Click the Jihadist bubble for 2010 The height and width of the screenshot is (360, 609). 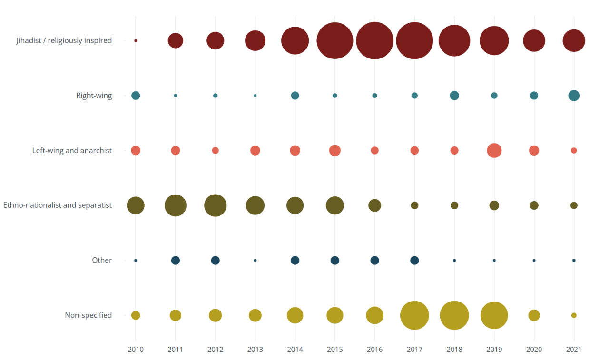tap(136, 40)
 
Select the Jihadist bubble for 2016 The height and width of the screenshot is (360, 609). tap(374, 40)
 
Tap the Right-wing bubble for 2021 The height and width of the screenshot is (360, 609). tap(574, 96)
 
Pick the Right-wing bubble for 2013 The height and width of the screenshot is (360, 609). tap(255, 96)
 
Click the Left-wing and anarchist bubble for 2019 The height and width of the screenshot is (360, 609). tap(494, 150)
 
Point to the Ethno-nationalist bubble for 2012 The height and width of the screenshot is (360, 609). tap(215, 205)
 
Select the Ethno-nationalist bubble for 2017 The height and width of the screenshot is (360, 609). tap(414, 205)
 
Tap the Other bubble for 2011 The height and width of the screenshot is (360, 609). tap(176, 260)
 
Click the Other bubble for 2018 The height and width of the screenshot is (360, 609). tap(454, 260)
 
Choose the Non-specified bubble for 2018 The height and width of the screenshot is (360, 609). tap(454, 315)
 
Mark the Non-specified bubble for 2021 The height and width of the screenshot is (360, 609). tap(574, 315)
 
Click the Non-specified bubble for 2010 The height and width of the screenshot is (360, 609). tap(136, 315)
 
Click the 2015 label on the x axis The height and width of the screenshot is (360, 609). tap(334, 349)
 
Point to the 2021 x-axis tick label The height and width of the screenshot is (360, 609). tap(574, 349)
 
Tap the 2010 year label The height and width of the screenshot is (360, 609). tap(136, 349)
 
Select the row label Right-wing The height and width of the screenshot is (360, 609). tap(94, 96)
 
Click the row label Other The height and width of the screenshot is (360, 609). tap(102, 260)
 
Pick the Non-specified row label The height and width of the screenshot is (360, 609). tap(88, 315)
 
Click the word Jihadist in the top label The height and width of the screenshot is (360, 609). tap(29, 40)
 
